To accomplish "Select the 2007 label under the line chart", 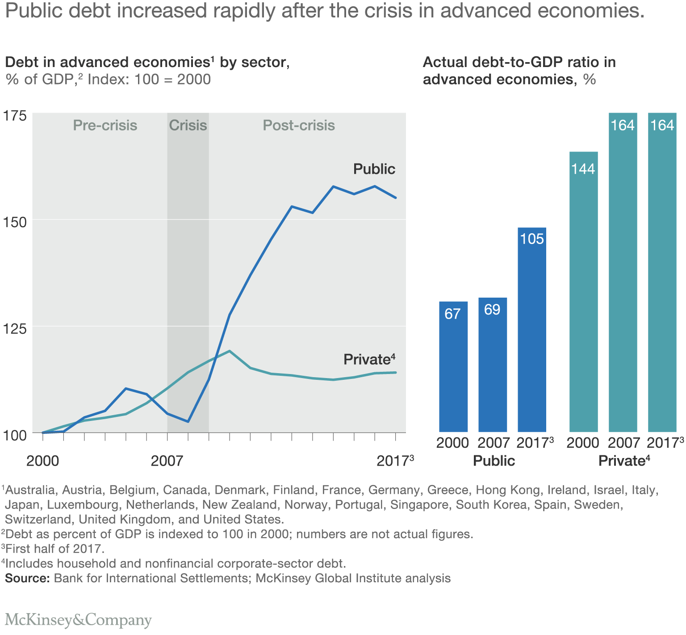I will [x=167, y=461].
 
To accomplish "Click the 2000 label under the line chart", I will [x=42, y=461].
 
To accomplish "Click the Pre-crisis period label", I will [x=105, y=126].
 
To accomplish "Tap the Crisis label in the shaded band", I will [x=188, y=126].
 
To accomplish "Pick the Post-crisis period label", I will [x=299, y=126].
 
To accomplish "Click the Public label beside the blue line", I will [x=374, y=169].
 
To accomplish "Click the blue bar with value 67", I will [x=453, y=366].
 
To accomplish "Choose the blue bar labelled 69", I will [x=493, y=364].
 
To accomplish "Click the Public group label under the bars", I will [x=494, y=461].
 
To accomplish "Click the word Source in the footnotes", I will [x=27, y=578].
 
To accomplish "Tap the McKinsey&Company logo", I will [x=79, y=620].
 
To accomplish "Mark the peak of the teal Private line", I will [x=230, y=351].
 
